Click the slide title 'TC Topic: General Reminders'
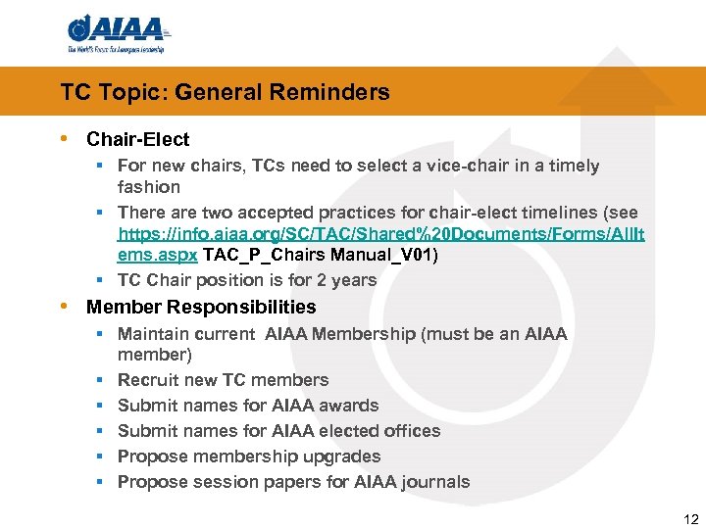pyautogui.click(x=225, y=93)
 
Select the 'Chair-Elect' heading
pyautogui.click(x=137, y=140)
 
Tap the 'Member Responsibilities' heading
pyautogui.click(x=201, y=308)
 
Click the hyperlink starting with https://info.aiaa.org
pyautogui.click(x=380, y=235)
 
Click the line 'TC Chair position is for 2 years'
pyautogui.click(x=247, y=280)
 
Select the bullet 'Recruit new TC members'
pyautogui.click(x=223, y=380)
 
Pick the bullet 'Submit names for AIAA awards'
pyautogui.click(x=248, y=406)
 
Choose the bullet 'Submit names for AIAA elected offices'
pyautogui.click(x=278, y=431)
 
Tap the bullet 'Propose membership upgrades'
pyautogui.click(x=249, y=457)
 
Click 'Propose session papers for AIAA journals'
pyautogui.click(x=293, y=482)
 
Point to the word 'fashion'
pyautogui.click(x=149, y=187)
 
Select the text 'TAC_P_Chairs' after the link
pyautogui.click(x=258, y=255)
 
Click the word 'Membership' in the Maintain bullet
pyautogui.click(x=368, y=334)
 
